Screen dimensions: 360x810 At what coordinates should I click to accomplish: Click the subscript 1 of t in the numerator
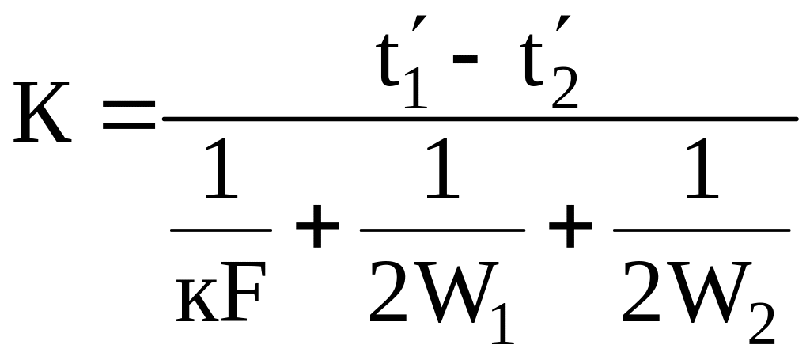417,92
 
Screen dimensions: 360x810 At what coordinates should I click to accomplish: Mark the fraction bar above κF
221,230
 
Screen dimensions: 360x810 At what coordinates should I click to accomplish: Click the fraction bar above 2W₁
442,230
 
